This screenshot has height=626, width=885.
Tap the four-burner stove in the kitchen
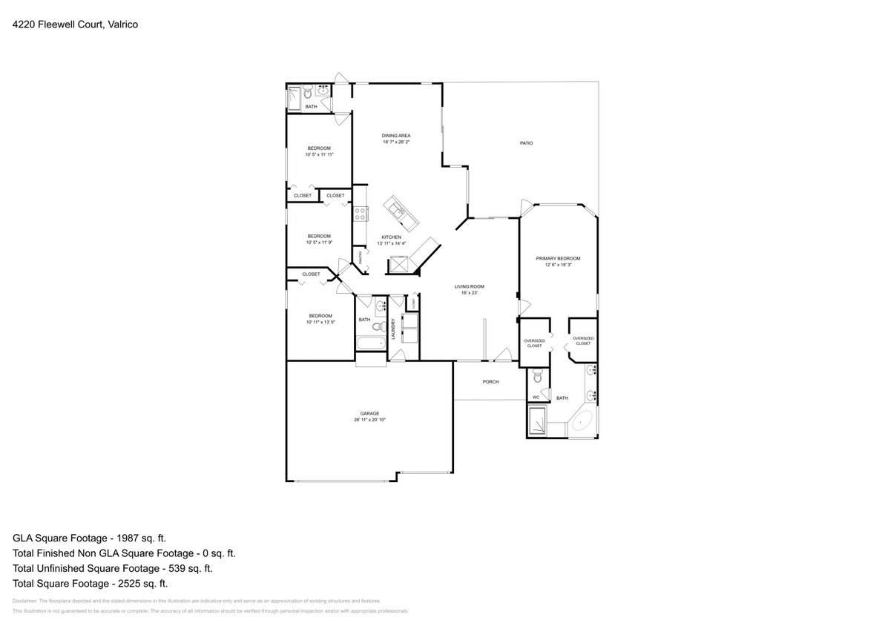[x=360, y=214]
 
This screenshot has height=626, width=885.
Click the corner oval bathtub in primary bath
[x=581, y=423]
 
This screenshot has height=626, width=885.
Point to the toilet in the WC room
[x=539, y=378]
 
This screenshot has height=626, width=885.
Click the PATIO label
[x=526, y=143]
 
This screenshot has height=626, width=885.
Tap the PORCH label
[x=490, y=382]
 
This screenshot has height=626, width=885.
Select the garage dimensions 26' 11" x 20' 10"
[x=369, y=420]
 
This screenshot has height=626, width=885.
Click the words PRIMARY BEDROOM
[x=558, y=258]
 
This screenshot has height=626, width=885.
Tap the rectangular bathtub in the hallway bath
[x=371, y=343]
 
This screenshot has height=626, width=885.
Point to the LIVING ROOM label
[x=469, y=286]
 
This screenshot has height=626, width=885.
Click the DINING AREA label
[x=396, y=136]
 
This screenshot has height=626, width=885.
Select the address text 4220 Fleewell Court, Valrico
[x=75, y=24]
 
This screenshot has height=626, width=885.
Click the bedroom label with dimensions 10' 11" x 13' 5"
[x=320, y=315]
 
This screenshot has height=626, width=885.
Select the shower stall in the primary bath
[x=538, y=424]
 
